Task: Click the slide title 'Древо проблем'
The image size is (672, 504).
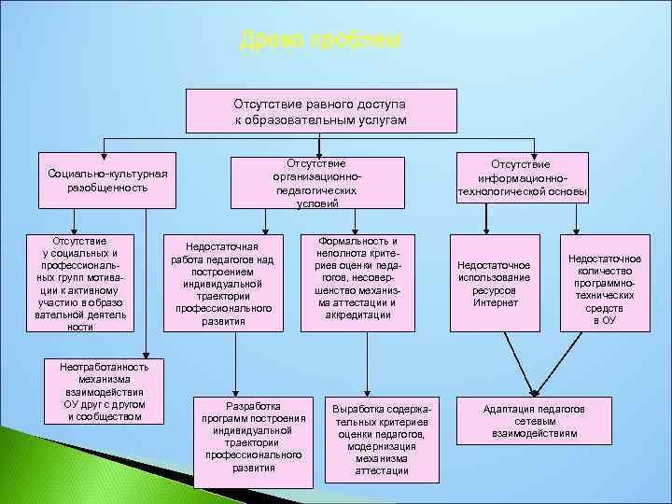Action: (320, 40)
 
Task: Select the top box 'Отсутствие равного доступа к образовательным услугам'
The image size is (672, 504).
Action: (320, 111)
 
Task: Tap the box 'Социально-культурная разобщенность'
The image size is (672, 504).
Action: (107, 180)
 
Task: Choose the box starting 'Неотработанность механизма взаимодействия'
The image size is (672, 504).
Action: (105, 390)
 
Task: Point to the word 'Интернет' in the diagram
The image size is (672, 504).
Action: (494, 302)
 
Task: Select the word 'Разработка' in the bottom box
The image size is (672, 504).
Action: (254, 406)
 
